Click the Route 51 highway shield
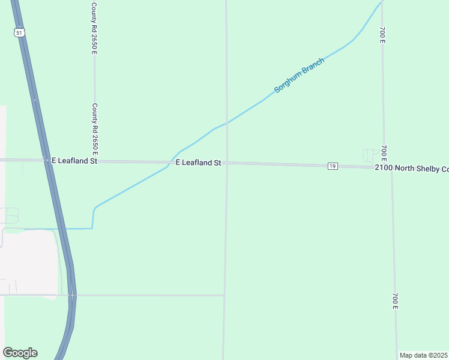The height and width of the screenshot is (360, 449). click(x=19, y=33)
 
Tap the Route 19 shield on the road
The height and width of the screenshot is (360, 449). click(x=333, y=166)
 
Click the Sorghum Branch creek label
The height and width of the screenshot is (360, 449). click(x=299, y=75)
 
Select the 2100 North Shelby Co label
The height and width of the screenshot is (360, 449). click(x=412, y=168)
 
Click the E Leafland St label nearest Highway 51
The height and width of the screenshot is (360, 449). click(x=74, y=161)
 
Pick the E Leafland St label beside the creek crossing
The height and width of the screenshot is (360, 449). click(x=199, y=163)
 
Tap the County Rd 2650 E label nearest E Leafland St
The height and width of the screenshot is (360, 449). click(x=94, y=128)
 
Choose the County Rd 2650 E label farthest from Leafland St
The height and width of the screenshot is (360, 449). click(x=94, y=28)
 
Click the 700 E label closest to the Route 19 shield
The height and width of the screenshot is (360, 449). click(x=384, y=155)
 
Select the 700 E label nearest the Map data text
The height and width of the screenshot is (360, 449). click(x=396, y=302)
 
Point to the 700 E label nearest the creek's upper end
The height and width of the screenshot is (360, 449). click(x=382, y=34)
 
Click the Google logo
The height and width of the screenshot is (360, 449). click(x=20, y=353)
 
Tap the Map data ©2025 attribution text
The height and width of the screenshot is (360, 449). click(x=423, y=355)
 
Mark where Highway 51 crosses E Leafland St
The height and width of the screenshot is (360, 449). click(x=46, y=160)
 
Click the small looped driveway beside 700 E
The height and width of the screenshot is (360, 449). click(x=370, y=155)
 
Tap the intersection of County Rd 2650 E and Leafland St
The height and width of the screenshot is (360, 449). click(x=95, y=161)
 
